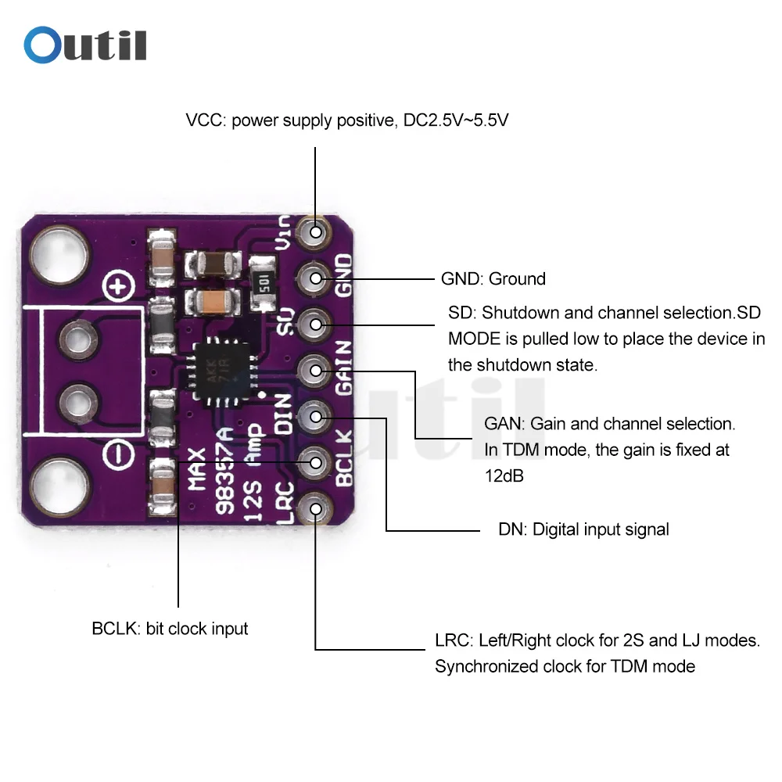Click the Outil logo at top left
pos(85,45)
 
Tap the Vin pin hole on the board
pos(316,231)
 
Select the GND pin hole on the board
pos(316,278)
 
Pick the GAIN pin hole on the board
pos(316,370)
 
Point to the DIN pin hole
pos(316,417)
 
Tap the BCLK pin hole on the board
pos(316,463)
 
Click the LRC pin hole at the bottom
pos(316,509)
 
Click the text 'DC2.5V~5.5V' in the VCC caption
pos(456,121)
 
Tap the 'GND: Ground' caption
pos(493,278)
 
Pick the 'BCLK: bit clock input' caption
pos(170,628)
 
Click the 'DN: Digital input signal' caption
pos(583,529)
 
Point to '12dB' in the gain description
pos(504,476)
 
